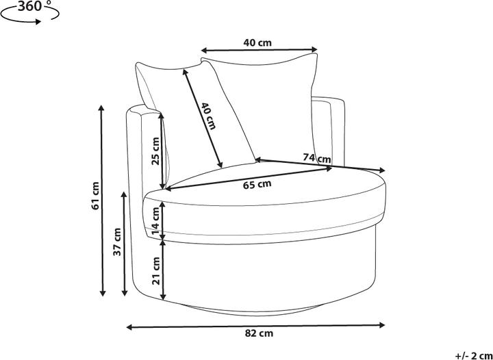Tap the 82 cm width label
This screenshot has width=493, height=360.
pyautogui.click(x=259, y=333)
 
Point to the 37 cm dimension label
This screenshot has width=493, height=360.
pyautogui.click(x=117, y=242)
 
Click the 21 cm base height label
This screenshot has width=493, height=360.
pyautogui.click(x=156, y=270)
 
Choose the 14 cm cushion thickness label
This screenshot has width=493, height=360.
pyautogui.click(x=156, y=221)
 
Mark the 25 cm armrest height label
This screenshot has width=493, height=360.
pyautogui.click(x=156, y=151)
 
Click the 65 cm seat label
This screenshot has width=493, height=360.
pyautogui.click(x=257, y=184)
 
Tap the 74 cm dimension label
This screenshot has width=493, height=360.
pyautogui.click(x=316, y=158)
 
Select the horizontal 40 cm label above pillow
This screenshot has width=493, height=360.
pyautogui.click(x=257, y=42)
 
